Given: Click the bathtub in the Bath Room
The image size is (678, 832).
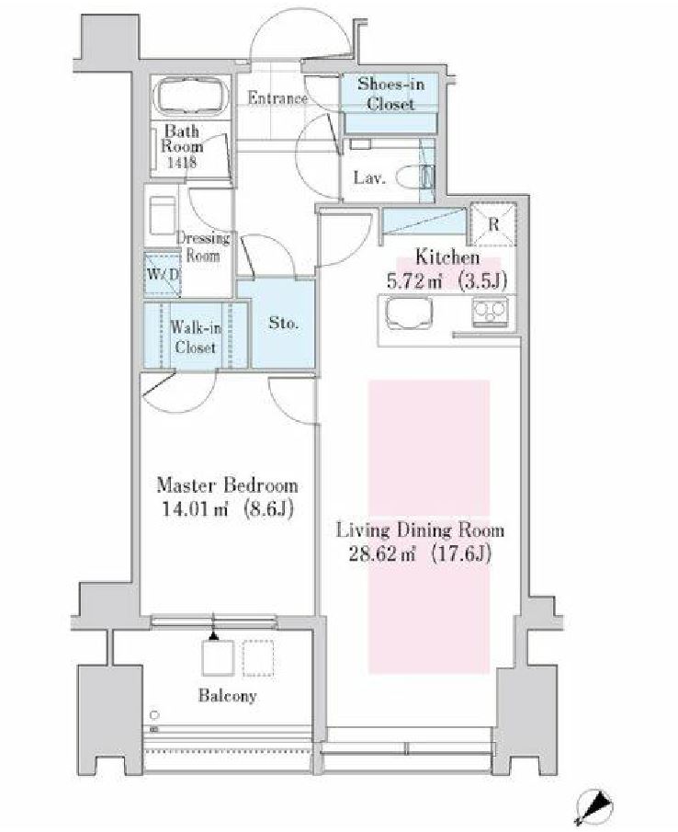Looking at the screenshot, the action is click(x=191, y=96).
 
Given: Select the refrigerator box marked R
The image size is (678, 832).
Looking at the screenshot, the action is click(x=493, y=224).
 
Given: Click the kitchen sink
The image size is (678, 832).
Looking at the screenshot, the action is click(x=409, y=313).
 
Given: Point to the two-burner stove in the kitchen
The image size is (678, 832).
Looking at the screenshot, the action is click(x=490, y=312).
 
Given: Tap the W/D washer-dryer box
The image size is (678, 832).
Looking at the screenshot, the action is click(x=163, y=274).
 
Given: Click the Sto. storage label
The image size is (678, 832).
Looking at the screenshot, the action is click(x=283, y=323).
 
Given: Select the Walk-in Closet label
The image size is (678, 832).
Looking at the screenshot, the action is click(x=195, y=337).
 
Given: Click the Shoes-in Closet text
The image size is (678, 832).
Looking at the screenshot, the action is click(x=390, y=93).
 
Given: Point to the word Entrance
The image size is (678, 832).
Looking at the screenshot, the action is click(x=277, y=98).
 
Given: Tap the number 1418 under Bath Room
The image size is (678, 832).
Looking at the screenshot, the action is click(x=182, y=162).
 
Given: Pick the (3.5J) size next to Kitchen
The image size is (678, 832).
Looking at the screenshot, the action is click(x=482, y=280).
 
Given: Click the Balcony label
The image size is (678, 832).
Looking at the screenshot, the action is click(x=228, y=695).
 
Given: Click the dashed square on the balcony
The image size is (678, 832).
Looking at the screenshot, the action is click(x=258, y=658).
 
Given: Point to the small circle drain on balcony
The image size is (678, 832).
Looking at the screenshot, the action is click(x=154, y=714).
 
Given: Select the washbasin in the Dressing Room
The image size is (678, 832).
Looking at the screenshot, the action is click(x=163, y=216).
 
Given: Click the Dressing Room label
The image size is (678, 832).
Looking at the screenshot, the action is click(x=203, y=246).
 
